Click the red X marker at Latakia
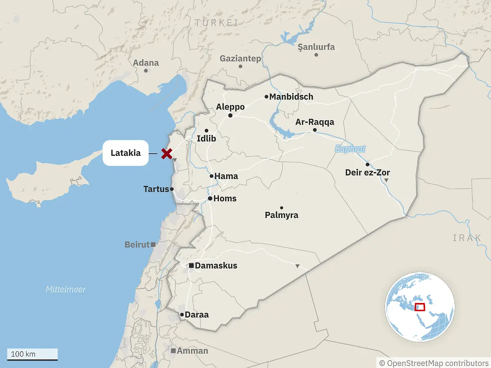[x=166, y=154]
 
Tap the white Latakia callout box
[x=125, y=153]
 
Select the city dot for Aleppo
[x=230, y=116]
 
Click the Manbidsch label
[x=291, y=97]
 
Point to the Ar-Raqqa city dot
[x=315, y=130]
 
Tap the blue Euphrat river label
[x=350, y=149]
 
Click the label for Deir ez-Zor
[x=367, y=173]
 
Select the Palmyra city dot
[x=282, y=208]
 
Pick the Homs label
[x=225, y=199]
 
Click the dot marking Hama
[x=212, y=176]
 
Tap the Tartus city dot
[x=172, y=189]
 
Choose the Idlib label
[x=206, y=139]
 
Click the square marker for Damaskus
[x=191, y=266]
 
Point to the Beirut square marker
[x=153, y=245]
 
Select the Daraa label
[x=197, y=315]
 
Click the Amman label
[x=192, y=351]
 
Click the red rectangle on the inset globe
[x=420, y=307]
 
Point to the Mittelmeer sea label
[x=66, y=289]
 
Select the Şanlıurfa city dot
[x=316, y=55]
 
